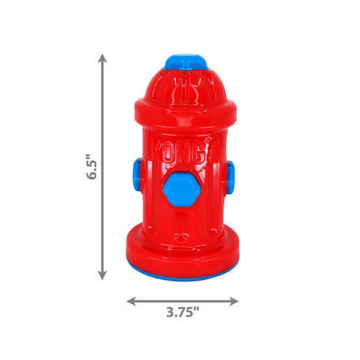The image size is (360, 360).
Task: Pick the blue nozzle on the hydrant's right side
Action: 229,176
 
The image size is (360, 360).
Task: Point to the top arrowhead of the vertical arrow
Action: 102,59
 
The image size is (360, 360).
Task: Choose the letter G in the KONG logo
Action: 208,152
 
